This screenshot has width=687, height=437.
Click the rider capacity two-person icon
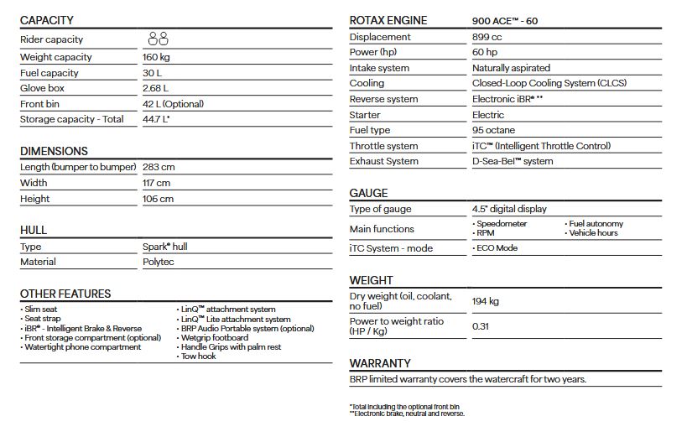(x=158, y=39)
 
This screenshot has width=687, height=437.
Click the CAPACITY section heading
(x=47, y=20)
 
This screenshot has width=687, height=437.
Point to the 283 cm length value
(x=159, y=167)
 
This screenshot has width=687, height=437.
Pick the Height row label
(x=35, y=199)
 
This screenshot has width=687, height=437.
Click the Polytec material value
(x=160, y=262)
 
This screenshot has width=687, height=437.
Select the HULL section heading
(x=34, y=230)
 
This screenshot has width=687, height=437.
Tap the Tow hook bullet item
(x=199, y=356)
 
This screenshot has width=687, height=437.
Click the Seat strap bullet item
(x=43, y=319)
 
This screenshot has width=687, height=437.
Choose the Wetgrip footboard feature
(x=215, y=338)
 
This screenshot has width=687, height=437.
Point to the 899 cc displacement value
(x=488, y=37)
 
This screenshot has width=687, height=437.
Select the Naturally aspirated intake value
(x=511, y=68)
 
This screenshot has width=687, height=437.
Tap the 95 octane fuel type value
(x=494, y=130)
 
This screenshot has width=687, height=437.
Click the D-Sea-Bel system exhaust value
(x=513, y=161)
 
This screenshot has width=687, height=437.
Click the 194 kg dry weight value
(x=486, y=300)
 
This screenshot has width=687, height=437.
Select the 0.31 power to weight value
(x=481, y=326)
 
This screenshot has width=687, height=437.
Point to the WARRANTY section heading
(x=380, y=363)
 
